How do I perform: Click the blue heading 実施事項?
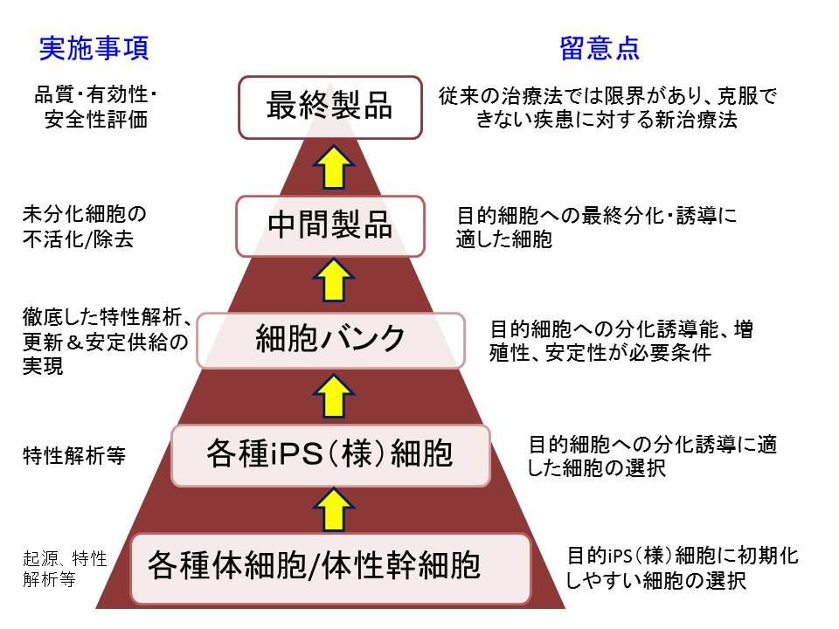click(x=94, y=49)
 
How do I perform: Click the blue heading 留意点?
click(x=600, y=49)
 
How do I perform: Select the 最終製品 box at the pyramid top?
click(x=330, y=107)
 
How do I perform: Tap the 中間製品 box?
click(x=330, y=225)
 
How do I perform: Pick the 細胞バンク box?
click(x=330, y=340)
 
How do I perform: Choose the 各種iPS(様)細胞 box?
click(x=330, y=455)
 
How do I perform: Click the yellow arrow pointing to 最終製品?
click(x=333, y=167)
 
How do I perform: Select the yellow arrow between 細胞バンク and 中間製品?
click(x=333, y=280)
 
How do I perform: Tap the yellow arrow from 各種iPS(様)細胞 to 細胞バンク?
click(x=333, y=396)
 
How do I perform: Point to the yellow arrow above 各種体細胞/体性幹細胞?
click(x=333, y=509)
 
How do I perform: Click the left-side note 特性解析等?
click(x=73, y=456)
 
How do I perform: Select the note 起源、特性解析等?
click(x=65, y=569)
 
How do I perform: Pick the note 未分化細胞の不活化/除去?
click(x=85, y=227)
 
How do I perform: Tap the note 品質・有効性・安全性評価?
click(x=96, y=107)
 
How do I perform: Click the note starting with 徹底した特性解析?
click(x=107, y=342)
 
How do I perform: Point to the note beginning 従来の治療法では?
click(x=607, y=107)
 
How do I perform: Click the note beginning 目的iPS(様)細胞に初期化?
click(x=683, y=568)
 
